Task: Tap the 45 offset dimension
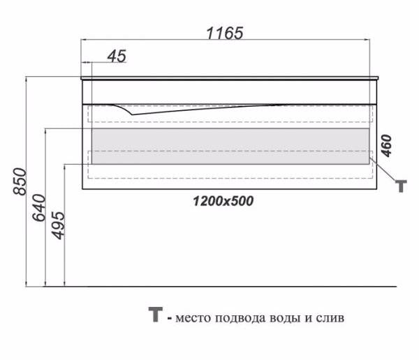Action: tap(117, 57)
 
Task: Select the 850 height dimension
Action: tap(21, 181)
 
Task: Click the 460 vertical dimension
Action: tap(386, 145)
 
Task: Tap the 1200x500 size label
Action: tap(223, 202)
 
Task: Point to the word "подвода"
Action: tap(234, 319)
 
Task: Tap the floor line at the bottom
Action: tap(209, 286)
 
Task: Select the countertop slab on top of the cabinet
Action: tap(230, 77)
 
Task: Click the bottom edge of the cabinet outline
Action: tap(230, 189)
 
